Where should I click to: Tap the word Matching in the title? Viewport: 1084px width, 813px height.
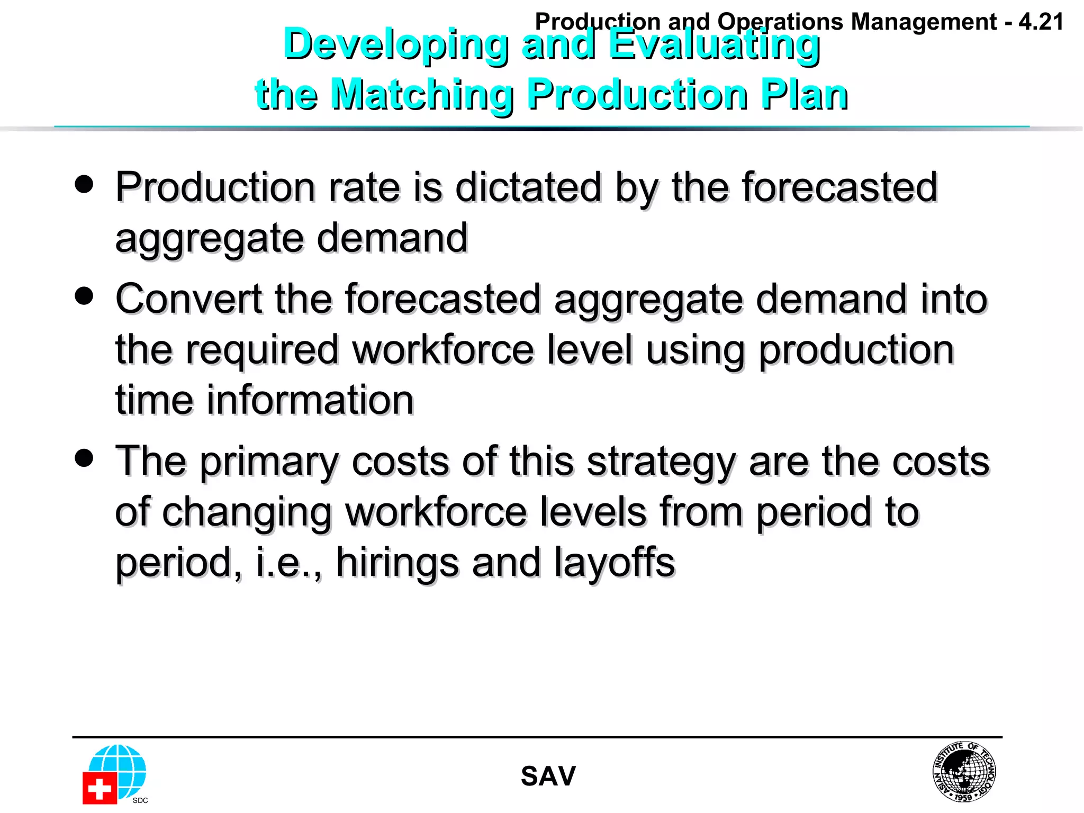click(421, 95)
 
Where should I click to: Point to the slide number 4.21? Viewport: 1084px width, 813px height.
click(1041, 22)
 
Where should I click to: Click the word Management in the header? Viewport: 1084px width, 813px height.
click(924, 22)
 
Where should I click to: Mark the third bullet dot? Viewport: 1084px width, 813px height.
click(84, 458)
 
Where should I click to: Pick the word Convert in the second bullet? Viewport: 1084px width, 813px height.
click(188, 299)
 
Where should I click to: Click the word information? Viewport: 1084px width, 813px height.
click(310, 401)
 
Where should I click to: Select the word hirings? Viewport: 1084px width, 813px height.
click(397, 562)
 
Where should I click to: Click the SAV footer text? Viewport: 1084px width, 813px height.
click(548, 776)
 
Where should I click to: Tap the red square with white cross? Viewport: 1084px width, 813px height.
click(100, 789)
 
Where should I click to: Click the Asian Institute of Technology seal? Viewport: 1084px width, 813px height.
click(964, 771)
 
